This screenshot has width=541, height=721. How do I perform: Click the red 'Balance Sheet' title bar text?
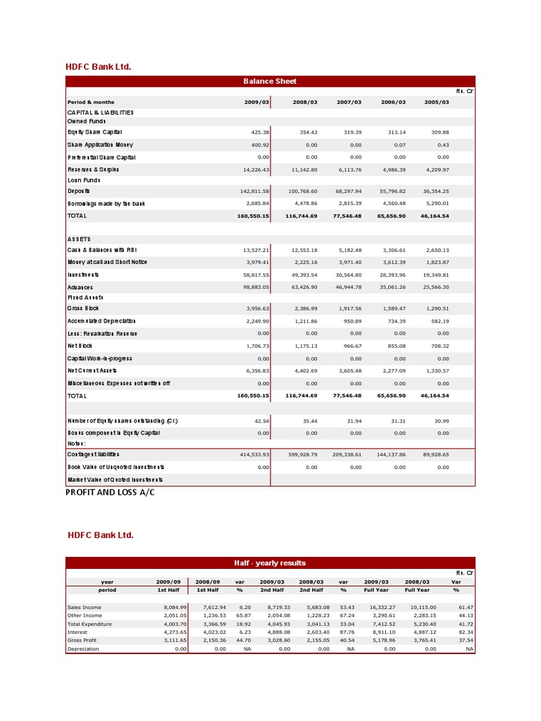pos(270,81)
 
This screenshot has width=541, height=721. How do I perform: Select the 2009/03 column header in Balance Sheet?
pos(256,102)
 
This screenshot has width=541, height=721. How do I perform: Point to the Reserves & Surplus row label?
pos(93,169)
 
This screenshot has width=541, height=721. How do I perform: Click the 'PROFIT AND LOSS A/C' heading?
pos(109,492)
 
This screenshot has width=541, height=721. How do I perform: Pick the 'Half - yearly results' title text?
pos(270,563)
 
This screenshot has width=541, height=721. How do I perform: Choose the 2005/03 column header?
pos(437,102)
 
